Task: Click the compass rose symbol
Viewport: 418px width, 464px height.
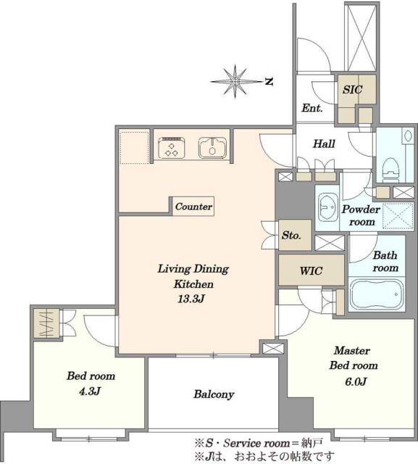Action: click(235, 81)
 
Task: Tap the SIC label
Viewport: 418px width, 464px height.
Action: click(353, 89)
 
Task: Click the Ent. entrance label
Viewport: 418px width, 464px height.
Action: click(312, 108)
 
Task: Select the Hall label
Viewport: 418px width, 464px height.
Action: click(324, 144)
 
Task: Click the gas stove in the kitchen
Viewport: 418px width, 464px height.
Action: click(172, 147)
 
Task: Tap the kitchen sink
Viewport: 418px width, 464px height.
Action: click(212, 147)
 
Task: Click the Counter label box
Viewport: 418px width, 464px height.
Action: click(193, 206)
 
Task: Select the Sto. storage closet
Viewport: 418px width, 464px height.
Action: click(295, 235)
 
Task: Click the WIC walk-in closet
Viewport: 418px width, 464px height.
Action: click(312, 270)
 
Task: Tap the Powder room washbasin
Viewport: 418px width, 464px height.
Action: click(328, 207)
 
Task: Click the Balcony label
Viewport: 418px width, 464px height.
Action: click(214, 394)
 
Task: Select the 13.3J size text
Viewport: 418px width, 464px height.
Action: click(191, 299)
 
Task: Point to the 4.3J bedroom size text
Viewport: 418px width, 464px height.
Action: click(90, 391)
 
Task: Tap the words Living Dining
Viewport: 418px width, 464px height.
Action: click(193, 269)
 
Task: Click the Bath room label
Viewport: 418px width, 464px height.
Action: click(385, 261)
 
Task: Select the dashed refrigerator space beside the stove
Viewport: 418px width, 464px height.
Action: click(134, 148)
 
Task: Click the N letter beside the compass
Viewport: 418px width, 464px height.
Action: click(268, 82)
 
